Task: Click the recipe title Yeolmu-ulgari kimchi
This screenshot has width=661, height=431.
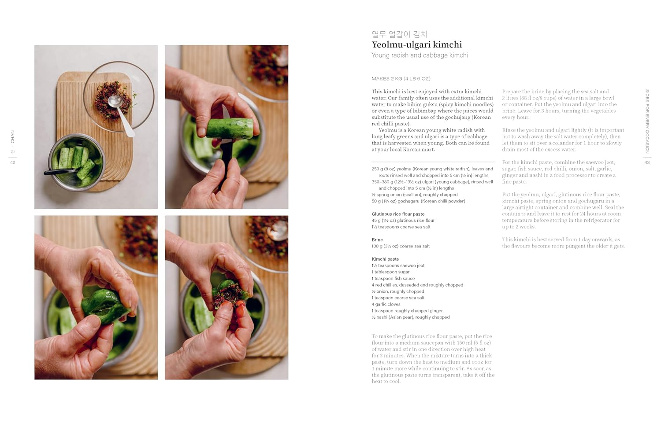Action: tap(416, 44)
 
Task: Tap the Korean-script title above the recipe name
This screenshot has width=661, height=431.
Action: tap(399, 34)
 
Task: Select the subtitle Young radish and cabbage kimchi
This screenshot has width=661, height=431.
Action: tap(420, 55)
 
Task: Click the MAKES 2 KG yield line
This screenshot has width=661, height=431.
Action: tap(401, 79)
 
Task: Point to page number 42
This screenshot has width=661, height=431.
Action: tap(13, 162)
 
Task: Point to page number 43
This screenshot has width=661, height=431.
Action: tap(647, 162)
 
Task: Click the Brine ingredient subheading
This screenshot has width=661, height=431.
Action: tap(377, 240)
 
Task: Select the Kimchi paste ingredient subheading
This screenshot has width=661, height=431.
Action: tap(385, 259)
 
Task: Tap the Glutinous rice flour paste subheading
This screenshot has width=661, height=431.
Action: tap(398, 214)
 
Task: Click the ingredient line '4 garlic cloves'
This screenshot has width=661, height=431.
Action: tap(386, 304)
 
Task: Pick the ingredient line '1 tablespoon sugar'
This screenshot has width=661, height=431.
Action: tap(390, 272)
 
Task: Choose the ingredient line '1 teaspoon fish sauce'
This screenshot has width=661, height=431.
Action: tap(393, 279)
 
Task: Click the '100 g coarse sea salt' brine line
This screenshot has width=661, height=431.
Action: tap(401, 247)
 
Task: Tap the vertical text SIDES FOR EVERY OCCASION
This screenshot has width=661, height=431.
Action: tap(647, 121)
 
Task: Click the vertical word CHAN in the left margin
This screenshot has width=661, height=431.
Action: tap(13, 136)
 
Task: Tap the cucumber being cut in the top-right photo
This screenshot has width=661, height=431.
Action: tap(229, 128)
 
